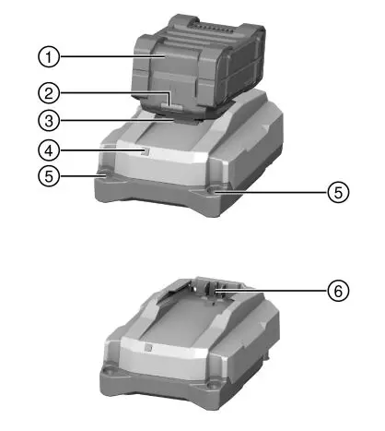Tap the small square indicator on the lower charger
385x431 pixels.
(147, 348)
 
